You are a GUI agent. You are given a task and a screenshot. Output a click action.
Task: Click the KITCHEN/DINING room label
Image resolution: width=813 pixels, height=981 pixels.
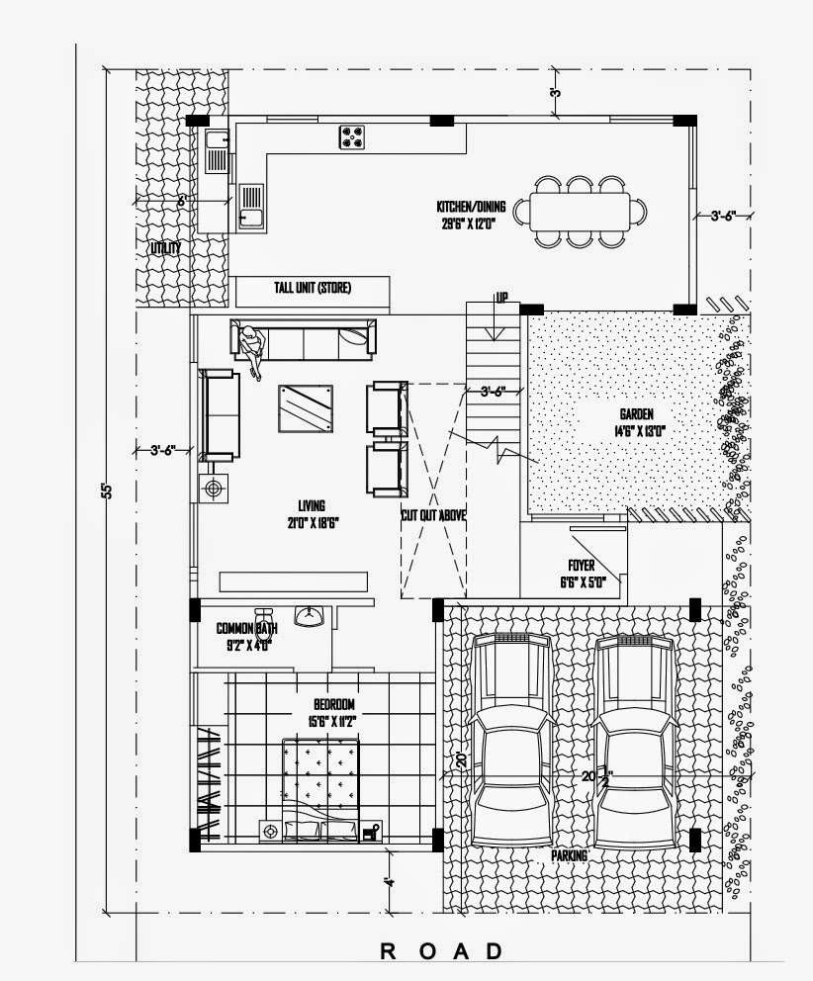[471, 208]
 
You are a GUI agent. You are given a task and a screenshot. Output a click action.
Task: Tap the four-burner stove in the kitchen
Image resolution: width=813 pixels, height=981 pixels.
[351, 136]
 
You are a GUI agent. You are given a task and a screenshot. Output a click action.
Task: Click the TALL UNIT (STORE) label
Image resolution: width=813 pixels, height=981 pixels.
[313, 289]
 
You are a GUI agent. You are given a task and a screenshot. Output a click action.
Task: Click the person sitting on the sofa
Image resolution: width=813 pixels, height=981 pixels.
[251, 348]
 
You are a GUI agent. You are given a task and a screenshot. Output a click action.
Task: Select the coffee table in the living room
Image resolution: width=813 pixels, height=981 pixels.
[305, 408]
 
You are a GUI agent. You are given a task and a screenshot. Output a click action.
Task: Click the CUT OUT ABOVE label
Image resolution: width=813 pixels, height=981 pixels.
[433, 515]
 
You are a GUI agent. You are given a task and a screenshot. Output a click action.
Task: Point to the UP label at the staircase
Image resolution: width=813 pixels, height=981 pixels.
[502, 297]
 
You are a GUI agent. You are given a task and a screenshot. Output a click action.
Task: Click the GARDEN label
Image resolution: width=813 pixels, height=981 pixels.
[636, 415]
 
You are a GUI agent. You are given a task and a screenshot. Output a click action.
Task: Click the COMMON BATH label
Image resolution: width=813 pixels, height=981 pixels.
[246, 628]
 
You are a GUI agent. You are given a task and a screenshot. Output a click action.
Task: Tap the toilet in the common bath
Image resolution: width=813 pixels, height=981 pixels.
[263, 619]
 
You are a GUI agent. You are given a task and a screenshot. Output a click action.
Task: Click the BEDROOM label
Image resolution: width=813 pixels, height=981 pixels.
[333, 704]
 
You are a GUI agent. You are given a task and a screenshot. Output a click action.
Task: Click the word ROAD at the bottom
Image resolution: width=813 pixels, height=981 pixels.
[441, 951]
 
